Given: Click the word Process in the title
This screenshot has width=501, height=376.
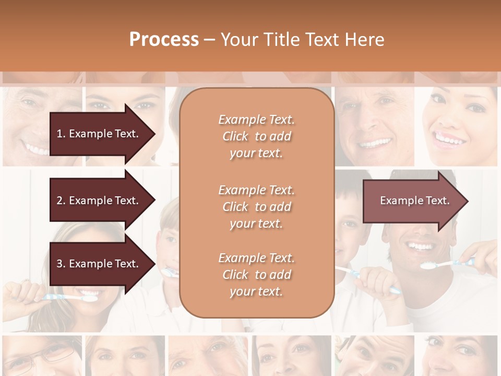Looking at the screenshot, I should point(164,40).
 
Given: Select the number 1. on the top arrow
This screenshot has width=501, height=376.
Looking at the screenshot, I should point(61,134).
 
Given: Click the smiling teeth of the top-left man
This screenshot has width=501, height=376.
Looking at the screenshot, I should point(37,150).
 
